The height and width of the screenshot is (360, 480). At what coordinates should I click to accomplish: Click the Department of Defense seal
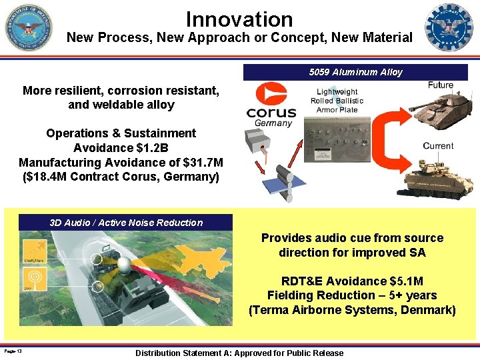pyautogui.click(x=29, y=28)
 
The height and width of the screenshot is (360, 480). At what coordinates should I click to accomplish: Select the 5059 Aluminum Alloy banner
pyautogui.click(x=355, y=72)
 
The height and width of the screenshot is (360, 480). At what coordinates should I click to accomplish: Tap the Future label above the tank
pyautogui.click(x=440, y=85)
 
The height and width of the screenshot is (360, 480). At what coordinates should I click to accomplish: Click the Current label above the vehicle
pyautogui.click(x=438, y=145)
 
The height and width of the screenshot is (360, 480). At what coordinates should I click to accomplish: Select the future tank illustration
pyautogui.click(x=439, y=107)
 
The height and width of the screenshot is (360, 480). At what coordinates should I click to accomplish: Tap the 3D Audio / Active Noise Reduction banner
pyautogui.click(x=126, y=223)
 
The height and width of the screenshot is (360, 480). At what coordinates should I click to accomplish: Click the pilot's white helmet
pyautogui.click(x=126, y=267)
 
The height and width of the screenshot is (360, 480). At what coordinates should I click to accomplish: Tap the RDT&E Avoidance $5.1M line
pyautogui.click(x=352, y=281)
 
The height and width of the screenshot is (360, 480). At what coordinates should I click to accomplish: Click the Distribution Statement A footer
pyautogui.click(x=239, y=353)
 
